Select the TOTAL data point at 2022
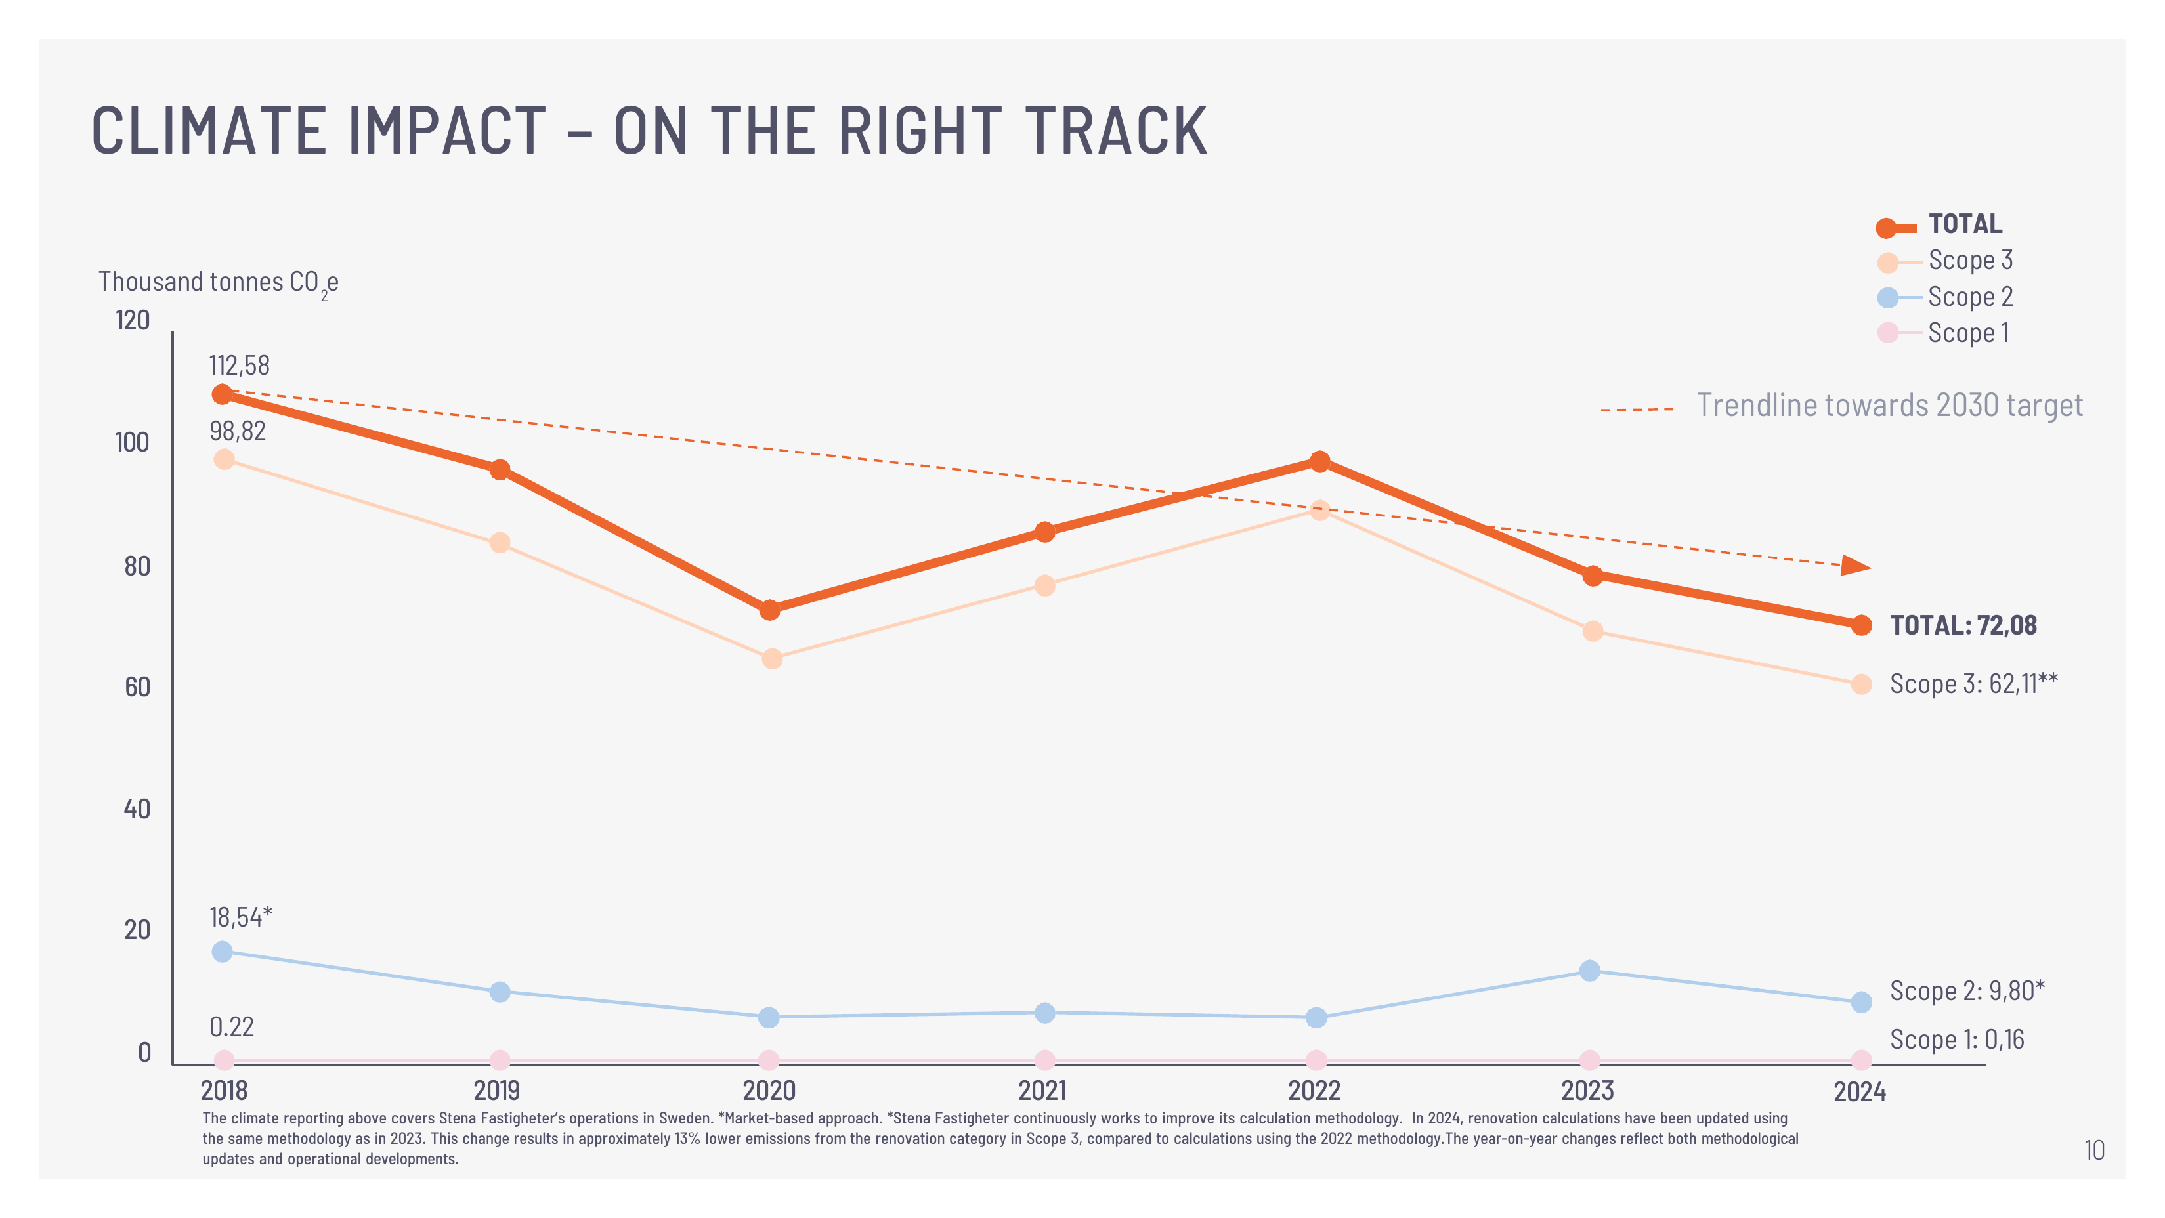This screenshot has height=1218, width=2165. [1319, 461]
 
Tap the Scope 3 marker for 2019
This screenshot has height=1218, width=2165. [500, 543]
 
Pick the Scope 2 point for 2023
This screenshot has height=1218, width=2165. [1589, 971]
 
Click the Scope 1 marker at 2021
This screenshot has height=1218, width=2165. [1044, 1060]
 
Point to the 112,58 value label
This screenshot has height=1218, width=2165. [240, 366]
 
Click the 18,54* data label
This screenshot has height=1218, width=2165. [241, 917]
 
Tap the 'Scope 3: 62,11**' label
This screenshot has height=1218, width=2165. [1974, 684]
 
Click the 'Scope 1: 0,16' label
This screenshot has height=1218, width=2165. [1958, 1040]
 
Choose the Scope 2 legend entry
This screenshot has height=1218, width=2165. [1945, 297]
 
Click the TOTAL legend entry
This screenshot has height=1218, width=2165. [1940, 224]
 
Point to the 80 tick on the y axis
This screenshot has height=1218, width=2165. [137, 566]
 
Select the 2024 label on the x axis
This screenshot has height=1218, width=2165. [1860, 1092]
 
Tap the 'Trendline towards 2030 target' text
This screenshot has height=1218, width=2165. [1889, 406]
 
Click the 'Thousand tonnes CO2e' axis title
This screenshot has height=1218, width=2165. [219, 283]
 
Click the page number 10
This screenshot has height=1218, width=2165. [2094, 1150]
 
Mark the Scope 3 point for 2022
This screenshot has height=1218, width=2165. [1319, 510]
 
